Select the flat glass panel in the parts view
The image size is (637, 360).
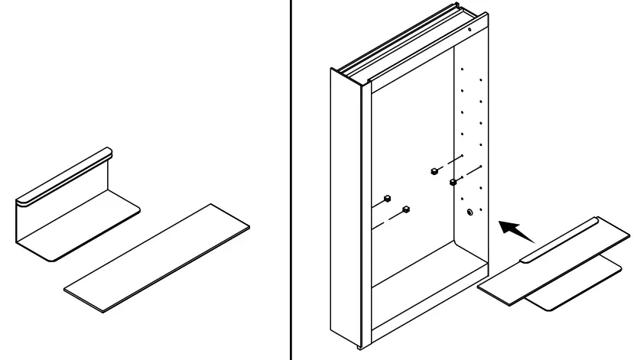point(157,258)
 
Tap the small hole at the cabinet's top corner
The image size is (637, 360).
point(469,31)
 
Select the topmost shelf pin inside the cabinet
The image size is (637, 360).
point(434,171)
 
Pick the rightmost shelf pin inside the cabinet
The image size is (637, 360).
point(453,182)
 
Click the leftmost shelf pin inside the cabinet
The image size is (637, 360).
point(387,198)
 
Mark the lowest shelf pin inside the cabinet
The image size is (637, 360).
point(406,209)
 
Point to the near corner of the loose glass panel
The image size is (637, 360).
point(103,312)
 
